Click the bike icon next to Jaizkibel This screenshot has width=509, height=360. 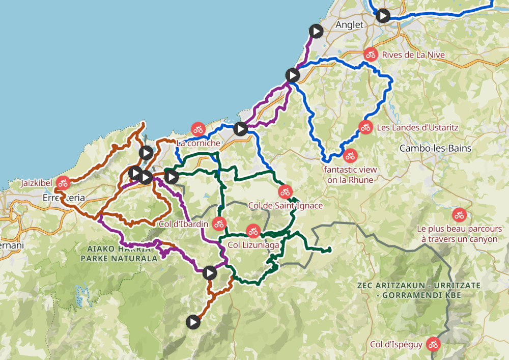point(63,183)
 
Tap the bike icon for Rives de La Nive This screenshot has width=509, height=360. point(371,54)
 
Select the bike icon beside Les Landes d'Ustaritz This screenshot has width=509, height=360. point(365,127)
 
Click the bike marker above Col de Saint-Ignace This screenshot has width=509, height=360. point(285,192)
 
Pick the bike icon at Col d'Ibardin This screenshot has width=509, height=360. point(219,223)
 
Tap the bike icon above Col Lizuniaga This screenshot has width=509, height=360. point(253,231)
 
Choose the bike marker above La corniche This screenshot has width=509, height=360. point(197,129)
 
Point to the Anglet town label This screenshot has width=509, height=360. point(349,24)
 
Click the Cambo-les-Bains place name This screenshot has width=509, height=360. point(435,148)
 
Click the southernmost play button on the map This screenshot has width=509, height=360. point(192,322)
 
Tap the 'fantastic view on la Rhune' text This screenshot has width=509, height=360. point(350,174)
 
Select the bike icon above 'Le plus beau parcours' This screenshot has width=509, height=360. point(459,215)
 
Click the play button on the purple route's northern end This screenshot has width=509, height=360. point(316,31)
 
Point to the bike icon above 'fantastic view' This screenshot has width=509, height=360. point(350,156)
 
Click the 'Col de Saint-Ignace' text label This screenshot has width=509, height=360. point(285,205)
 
